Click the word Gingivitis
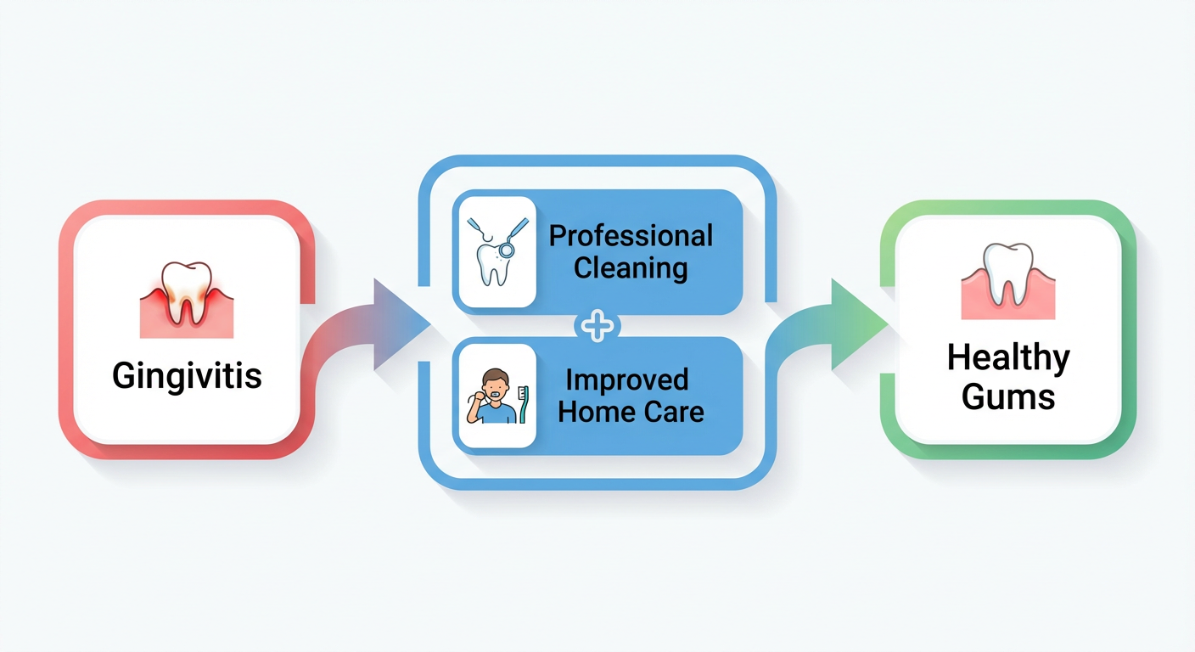[x=187, y=375]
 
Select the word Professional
[x=631, y=235]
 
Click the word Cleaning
[x=631, y=268]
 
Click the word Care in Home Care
[x=672, y=413]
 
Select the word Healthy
[x=1008, y=358]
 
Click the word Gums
[x=1008, y=396]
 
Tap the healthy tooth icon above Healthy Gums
[x=1007, y=277]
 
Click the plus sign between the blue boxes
[x=597, y=326]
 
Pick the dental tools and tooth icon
[x=496, y=251]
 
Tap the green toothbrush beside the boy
[x=523, y=404]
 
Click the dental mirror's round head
[x=507, y=250]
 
